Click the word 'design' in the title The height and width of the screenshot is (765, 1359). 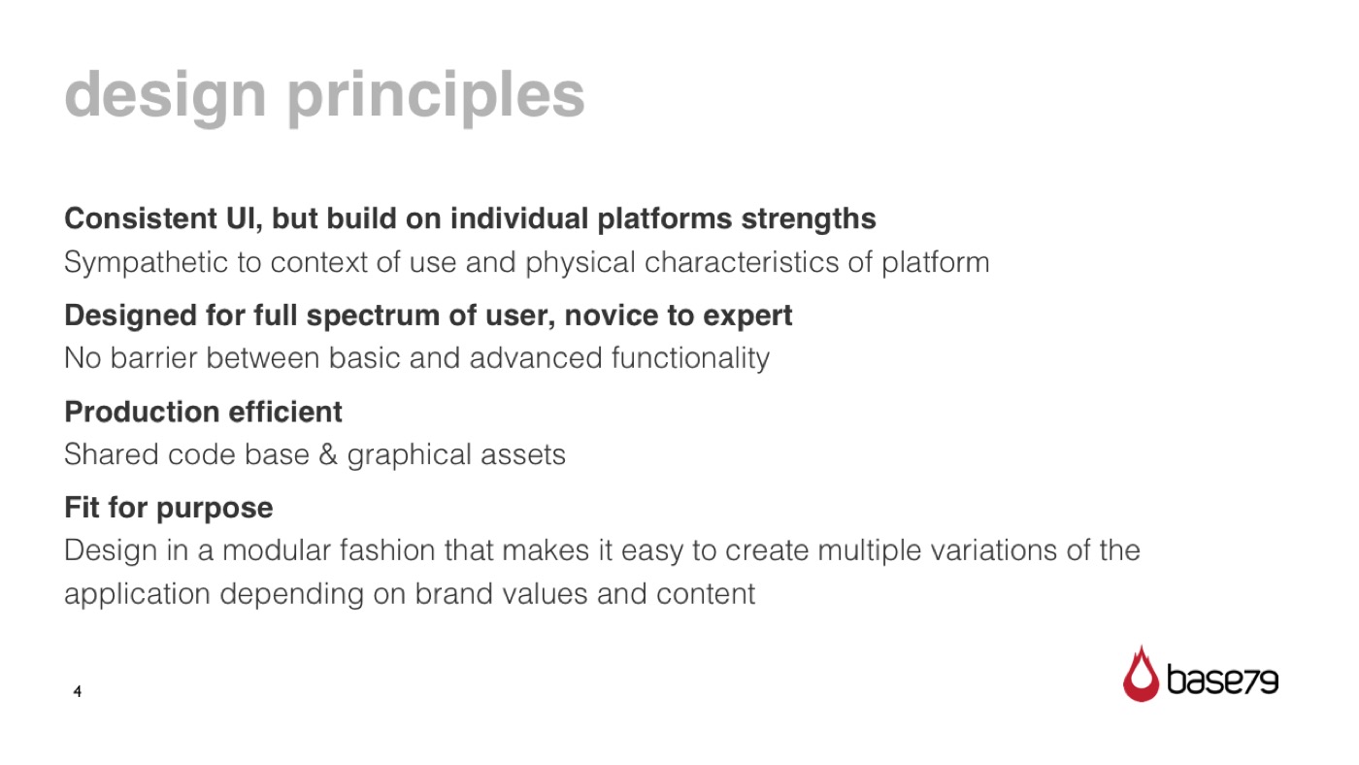click(x=165, y=97)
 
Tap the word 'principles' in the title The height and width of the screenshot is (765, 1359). click(x=436, y=97)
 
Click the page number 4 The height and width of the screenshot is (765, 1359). click(x=77, y=691)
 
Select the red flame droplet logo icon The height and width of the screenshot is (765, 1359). click(x=1141, y=675)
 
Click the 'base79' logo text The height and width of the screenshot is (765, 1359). click(x=1222, y=680)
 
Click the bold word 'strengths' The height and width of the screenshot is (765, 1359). click(x=808, y=219)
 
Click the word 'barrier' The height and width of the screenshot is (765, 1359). click(x=153, y=358)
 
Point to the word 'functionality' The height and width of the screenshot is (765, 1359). click(x=690, y=358)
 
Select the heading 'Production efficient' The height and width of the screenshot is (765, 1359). click(x=203, y=412)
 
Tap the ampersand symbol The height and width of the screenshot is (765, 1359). click(x=328, y=454)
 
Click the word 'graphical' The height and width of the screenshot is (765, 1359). click(x=409, y=455)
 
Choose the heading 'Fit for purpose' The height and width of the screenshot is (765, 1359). click(x=169, y=509)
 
